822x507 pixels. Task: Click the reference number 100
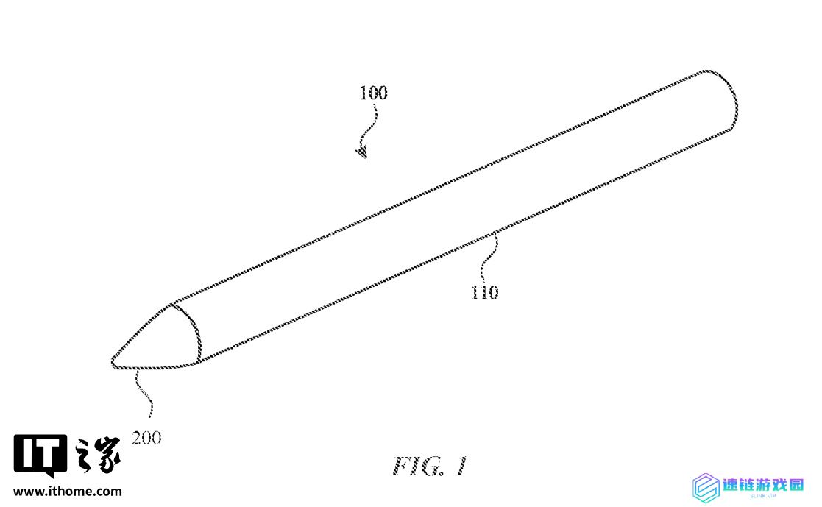coord(373,93)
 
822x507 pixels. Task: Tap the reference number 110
coord(485,292)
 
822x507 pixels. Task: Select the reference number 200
coord(146,438)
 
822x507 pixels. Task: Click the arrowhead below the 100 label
coord(362,152)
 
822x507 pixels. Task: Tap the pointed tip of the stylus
coord(113,361)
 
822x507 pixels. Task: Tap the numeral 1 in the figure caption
coord(460,466)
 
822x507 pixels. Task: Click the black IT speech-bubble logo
coord(40,455)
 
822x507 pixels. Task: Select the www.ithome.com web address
coord(68,492)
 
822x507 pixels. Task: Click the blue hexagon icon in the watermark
coord(706,488)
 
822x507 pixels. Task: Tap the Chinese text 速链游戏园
coord(763,484)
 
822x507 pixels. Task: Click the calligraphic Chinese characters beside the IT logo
coord(98,455)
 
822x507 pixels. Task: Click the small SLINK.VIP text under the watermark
coord(763,496)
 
